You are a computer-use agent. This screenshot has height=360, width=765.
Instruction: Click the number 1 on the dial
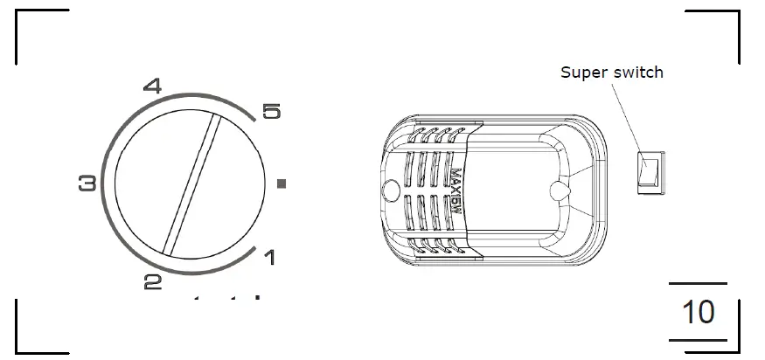(270, 258)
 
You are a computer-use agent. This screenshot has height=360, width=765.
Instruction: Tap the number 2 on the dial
(153, 282)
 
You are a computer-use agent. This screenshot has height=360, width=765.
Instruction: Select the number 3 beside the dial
(87, 183)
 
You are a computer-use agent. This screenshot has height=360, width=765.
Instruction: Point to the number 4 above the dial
(152, 87)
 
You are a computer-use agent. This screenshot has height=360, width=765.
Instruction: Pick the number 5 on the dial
(272, 112)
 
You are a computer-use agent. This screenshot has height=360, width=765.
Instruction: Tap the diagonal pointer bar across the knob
(191, 184)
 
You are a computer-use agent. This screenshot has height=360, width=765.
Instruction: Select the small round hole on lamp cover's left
(392, 188)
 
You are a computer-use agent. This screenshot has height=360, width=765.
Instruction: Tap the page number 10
(698, 312)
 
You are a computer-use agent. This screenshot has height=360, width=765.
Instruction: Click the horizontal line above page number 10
(698, 284)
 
